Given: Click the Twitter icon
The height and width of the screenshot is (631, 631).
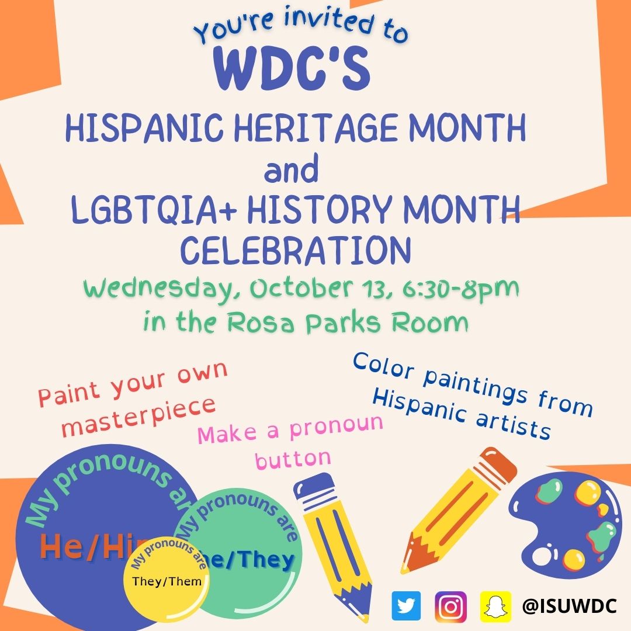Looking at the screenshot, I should (406, 606).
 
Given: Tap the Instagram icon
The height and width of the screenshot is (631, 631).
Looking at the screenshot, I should (450, 606).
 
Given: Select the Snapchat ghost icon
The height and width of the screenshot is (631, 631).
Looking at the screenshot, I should (495, 606).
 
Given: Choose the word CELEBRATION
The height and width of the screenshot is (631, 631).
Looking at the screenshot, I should (295, 250).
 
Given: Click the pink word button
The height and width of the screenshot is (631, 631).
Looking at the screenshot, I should (293, 459).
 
